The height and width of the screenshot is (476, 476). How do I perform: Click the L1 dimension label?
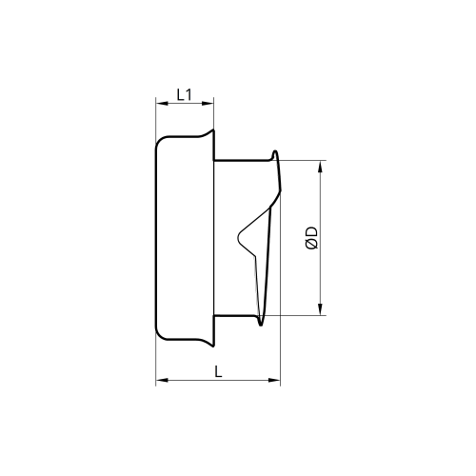pos(184,94)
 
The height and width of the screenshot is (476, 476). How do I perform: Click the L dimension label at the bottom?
pos(218,371)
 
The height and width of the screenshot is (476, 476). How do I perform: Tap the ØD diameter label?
pos(312,237)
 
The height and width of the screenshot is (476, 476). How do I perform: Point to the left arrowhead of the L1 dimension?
pos(162,103)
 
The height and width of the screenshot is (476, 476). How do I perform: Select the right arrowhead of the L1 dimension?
pos(208,103)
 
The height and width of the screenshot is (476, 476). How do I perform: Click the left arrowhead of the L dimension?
pos(162,380)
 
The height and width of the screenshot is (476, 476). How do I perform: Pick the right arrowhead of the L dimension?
pos(274,380)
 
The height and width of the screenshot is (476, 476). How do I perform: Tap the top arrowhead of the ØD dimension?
pos(321,167)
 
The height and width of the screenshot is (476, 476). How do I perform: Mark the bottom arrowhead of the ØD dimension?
pos(321,309)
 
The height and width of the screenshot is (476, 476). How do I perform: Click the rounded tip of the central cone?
pos(239,236)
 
